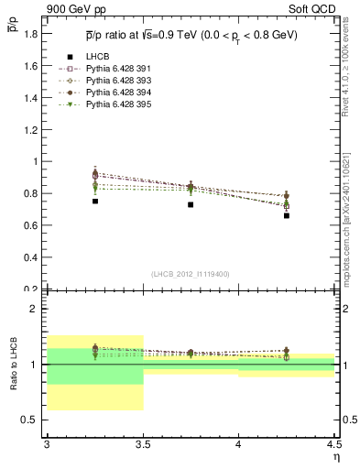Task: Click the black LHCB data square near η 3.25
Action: click(95, 201)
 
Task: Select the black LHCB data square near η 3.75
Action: click(191, 204)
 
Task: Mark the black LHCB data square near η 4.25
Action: click(287, 216)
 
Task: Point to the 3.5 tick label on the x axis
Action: click(143, 443)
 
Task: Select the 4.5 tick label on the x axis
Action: click(333, 443)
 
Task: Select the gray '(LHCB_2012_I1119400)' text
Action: click(191, 274)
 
